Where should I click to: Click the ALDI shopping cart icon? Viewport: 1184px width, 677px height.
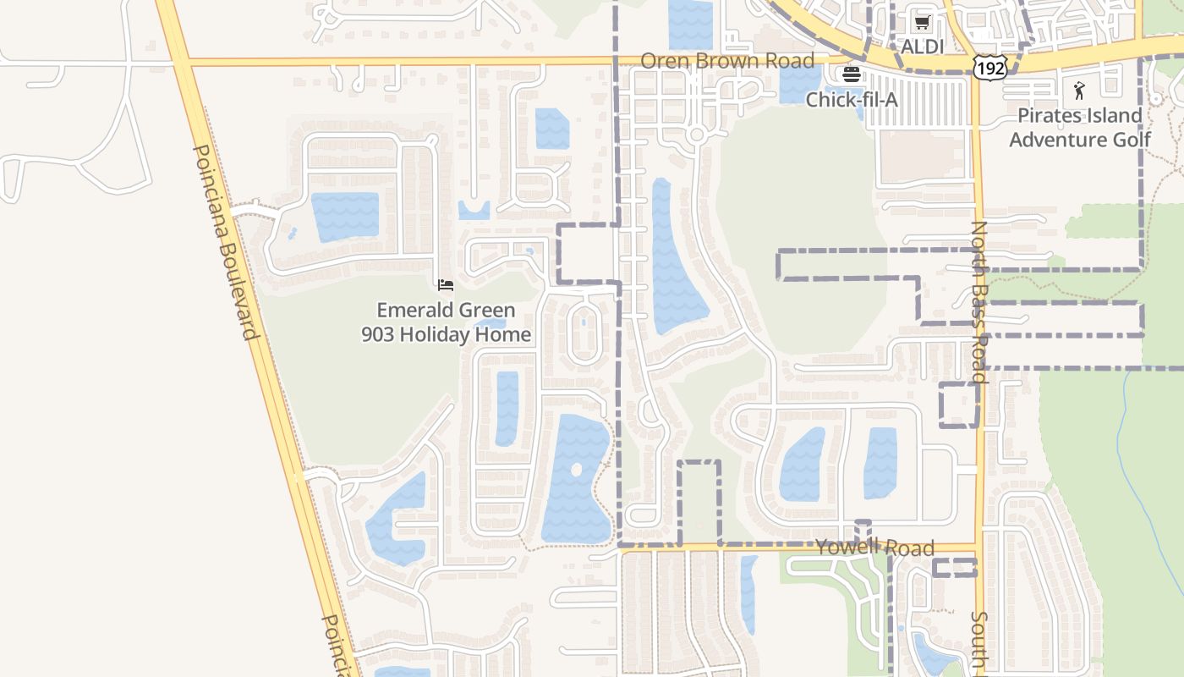click(922, 23)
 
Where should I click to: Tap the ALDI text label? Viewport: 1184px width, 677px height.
click(922, 47)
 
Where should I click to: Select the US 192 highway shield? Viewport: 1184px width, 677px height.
click(989, 68)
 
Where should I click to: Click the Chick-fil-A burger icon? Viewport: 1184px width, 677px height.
click(852, 74)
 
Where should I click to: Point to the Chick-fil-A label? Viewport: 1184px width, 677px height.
click(852, 100)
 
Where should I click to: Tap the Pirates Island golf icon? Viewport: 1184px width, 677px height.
click(1079, 91)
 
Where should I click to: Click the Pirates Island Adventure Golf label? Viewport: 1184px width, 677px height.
click(1080, 127)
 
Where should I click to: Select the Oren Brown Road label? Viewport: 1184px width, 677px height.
click(727, 61)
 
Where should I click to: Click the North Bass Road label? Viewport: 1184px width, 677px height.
click(979, 301)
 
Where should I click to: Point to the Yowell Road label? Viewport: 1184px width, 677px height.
click(874, 548)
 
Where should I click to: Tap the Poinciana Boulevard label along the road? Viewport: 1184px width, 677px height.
click(225, 241)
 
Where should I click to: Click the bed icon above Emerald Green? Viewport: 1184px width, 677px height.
click(446, 285)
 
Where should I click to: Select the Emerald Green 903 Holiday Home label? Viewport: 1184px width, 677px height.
click(447, 322)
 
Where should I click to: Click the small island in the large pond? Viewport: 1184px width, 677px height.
click(577, 469)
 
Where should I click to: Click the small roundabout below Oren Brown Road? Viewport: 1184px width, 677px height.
click(697, 135)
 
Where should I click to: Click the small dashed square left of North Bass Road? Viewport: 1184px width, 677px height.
click(959, 405)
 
